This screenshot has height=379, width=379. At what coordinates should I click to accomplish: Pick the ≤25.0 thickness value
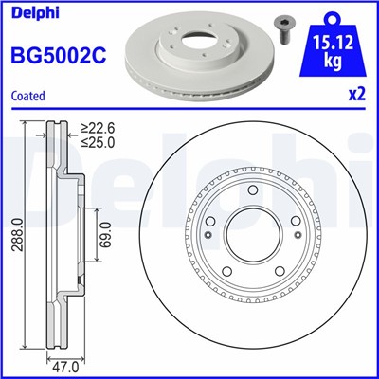pyautogui.click(x=98, y=144)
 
